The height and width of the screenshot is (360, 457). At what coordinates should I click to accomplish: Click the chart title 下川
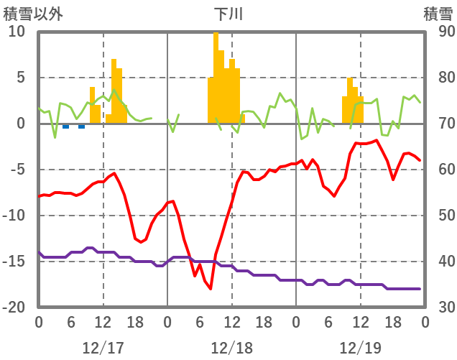(228, 14)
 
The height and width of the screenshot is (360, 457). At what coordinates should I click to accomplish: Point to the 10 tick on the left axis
(17, 32)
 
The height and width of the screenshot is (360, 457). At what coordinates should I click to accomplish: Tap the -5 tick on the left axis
(17, 170)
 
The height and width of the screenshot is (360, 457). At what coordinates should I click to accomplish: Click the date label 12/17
(103, 348)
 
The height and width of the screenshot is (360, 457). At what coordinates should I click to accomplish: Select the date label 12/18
(231, 348)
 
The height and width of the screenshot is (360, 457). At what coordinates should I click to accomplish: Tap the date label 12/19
(360, 348)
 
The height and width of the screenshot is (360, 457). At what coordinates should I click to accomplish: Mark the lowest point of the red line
(211, 289)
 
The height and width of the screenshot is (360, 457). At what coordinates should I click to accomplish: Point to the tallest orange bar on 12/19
(350, 101)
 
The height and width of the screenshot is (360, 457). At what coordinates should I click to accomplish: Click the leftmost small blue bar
(65, 126)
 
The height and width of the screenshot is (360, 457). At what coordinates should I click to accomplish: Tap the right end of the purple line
(420, 289)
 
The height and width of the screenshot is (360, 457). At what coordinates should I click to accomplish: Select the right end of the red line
(420, 160)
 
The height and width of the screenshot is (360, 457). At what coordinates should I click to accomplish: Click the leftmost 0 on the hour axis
(39, 322)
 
